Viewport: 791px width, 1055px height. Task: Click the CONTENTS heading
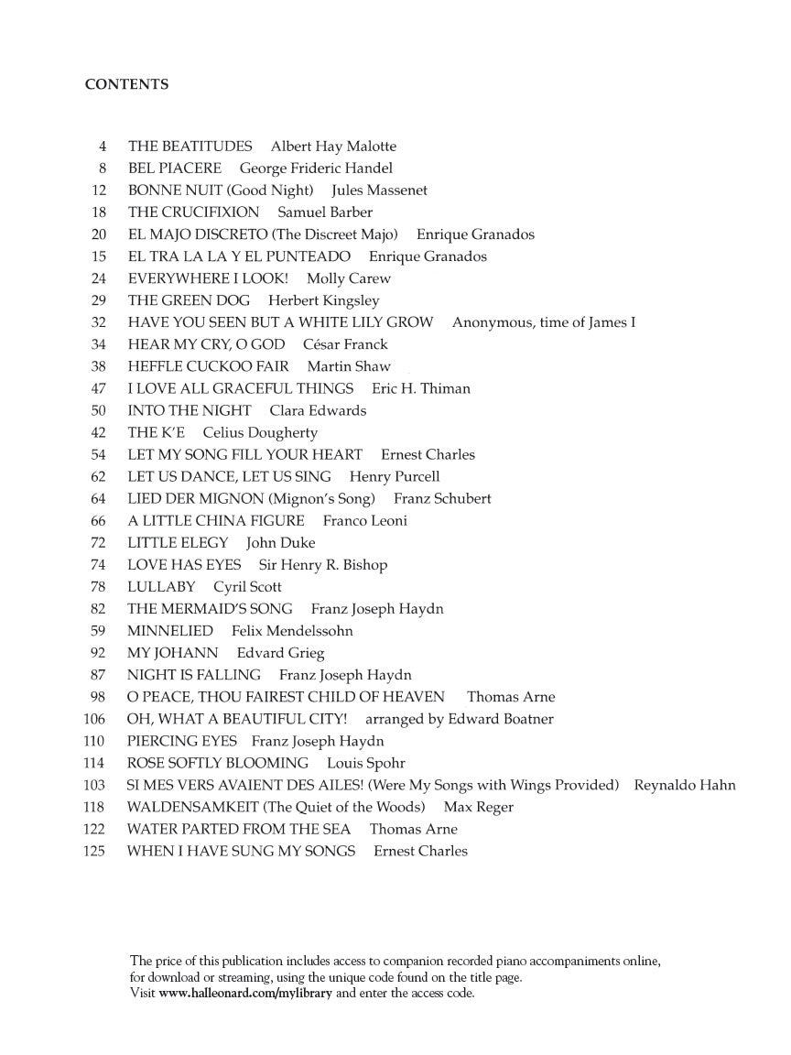126,84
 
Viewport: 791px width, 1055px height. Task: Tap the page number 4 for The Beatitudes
103,147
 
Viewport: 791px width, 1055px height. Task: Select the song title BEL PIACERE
174,169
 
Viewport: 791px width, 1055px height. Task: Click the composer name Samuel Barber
325,212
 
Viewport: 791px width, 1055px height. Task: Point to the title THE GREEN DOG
189,300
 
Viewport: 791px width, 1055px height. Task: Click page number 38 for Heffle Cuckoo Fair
99,366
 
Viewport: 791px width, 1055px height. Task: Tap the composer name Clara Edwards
318,410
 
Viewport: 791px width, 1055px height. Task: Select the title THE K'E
156,432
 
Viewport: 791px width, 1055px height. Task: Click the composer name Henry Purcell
395,476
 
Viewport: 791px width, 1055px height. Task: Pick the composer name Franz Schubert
442,498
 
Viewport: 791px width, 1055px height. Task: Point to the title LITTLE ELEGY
178,542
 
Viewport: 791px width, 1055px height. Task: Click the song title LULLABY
161,586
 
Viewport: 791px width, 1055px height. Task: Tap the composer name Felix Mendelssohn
292,630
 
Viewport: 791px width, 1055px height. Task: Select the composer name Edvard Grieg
280,653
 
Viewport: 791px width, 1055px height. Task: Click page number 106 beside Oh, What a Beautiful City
95,719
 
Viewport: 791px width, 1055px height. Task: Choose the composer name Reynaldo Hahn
685,785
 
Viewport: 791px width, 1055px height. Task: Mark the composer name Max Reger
478,807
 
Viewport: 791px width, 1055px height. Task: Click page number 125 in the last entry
95,851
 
